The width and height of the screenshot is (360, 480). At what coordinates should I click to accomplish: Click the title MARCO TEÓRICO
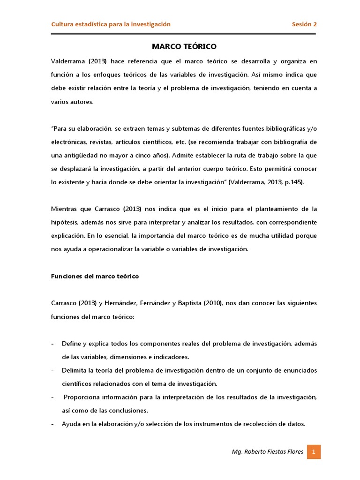coord(184,47)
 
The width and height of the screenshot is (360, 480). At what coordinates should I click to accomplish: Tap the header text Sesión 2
coord(304,24)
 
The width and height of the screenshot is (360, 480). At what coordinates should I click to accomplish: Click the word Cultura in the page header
coord(62,24)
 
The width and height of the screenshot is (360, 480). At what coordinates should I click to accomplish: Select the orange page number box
coord(314,452)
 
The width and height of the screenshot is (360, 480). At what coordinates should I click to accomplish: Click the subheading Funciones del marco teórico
coord(95,276)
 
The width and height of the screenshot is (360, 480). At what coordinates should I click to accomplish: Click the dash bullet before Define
coord(52,344)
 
